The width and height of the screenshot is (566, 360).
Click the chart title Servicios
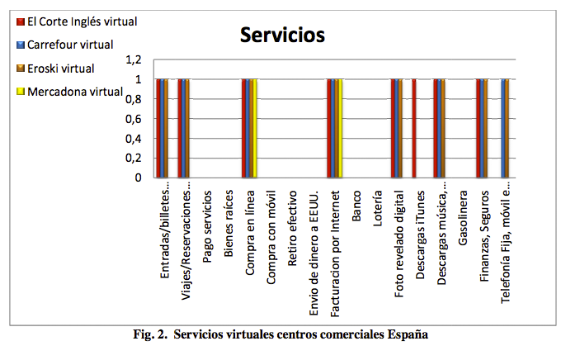coord(282,35)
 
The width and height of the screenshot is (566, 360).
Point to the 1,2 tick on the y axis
coord(133,59)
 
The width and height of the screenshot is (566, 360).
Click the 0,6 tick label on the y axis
coord(133,118)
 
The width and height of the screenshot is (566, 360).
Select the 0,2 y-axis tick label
coord(133,158)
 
